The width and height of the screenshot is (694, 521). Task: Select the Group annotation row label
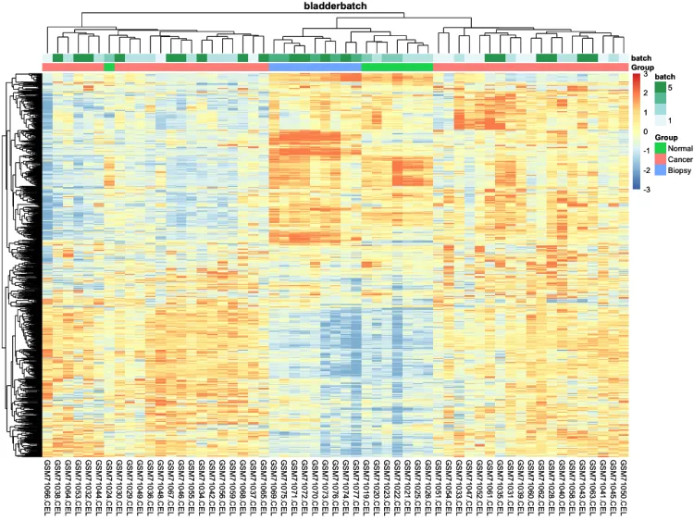(641, 68)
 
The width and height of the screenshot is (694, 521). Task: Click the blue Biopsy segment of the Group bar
(314, 67)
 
